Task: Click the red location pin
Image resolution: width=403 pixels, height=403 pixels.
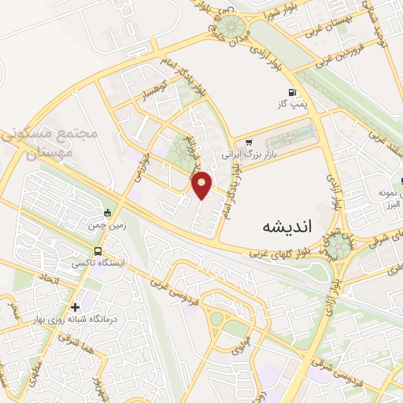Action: tap(202, 184)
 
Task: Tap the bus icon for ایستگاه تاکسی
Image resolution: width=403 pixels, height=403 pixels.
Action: tap(97, 251)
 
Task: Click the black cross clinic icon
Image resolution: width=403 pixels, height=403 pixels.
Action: tap(75, 307)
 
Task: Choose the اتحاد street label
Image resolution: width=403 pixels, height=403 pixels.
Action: tap(49, 279)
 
